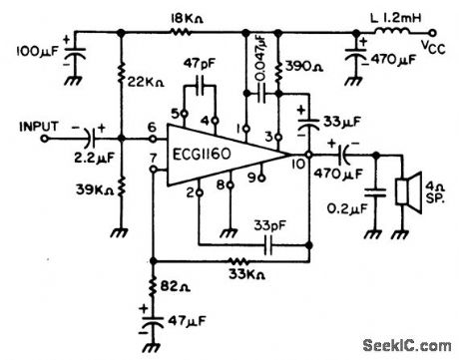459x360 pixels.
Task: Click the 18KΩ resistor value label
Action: [188, 18]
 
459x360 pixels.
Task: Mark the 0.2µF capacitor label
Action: [346, 211]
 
